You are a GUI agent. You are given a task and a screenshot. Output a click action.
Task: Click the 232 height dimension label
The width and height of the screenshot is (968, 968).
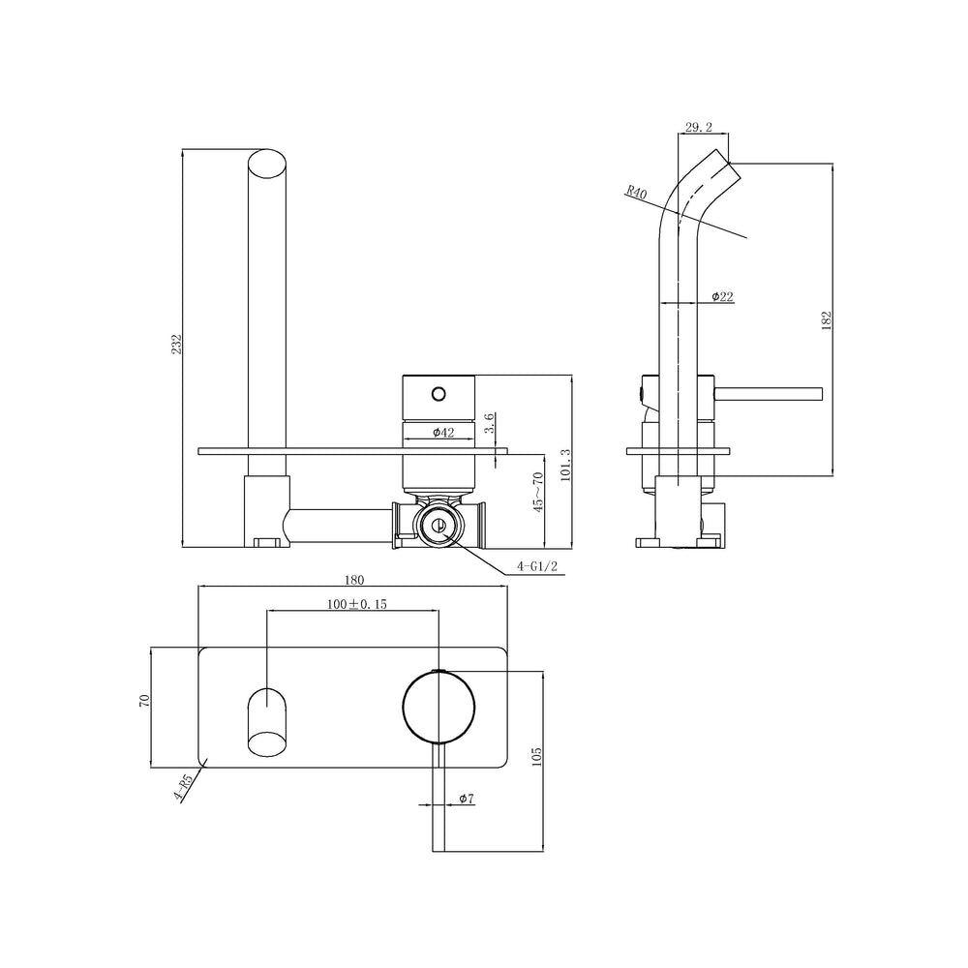(x=176, y=345)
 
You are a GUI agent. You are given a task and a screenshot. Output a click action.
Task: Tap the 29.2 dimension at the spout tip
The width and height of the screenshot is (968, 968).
(x=699, y=127)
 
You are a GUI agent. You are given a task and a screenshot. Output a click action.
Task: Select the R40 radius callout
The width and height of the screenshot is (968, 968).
(x=636, y=192)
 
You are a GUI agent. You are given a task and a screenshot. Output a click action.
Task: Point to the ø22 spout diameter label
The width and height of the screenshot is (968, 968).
(x=722, y=297)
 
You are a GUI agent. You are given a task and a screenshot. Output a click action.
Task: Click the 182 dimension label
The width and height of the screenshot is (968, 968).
(x=827, y=320)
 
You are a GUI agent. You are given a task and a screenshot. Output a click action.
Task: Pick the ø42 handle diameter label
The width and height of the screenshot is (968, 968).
(x=443, y=433)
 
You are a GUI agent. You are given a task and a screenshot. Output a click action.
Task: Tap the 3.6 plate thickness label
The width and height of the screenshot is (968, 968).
(x=489, y=424)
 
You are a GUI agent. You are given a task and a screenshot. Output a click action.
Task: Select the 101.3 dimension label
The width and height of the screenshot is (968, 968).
(x=566, y=465)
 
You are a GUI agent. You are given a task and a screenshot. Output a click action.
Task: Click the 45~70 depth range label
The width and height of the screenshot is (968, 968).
(x=538, y=492)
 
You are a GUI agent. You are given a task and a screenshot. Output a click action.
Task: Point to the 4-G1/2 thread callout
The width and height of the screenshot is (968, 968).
(x=537, y=566)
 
